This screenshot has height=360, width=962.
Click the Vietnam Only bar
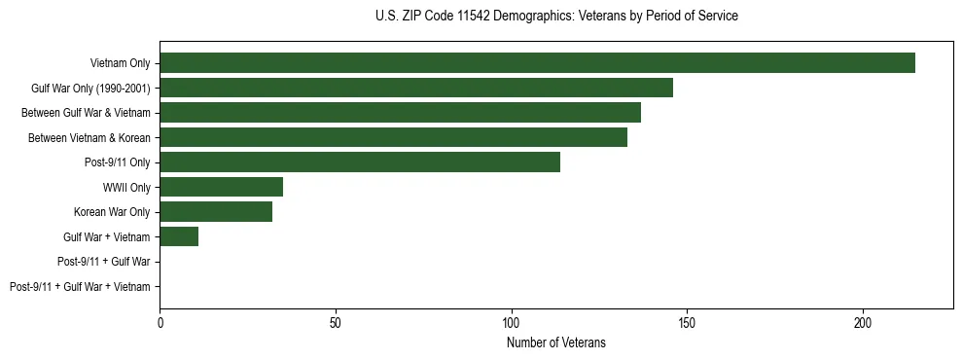tap(537, 63)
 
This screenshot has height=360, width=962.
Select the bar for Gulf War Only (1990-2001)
tap(416, 89)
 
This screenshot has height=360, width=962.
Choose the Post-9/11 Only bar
tap(360, 162)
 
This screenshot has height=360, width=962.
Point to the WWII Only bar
tap(221, 187)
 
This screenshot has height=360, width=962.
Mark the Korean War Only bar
tap(216, 212)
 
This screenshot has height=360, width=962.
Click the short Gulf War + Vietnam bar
tap(179, 236)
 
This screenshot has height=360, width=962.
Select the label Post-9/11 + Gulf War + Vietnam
tap(80, 286)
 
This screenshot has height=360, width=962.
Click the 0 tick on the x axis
tap(160, 322)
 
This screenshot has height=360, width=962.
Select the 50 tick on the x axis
tap(336, 322)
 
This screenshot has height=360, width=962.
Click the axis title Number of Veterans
tap(555, 342)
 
